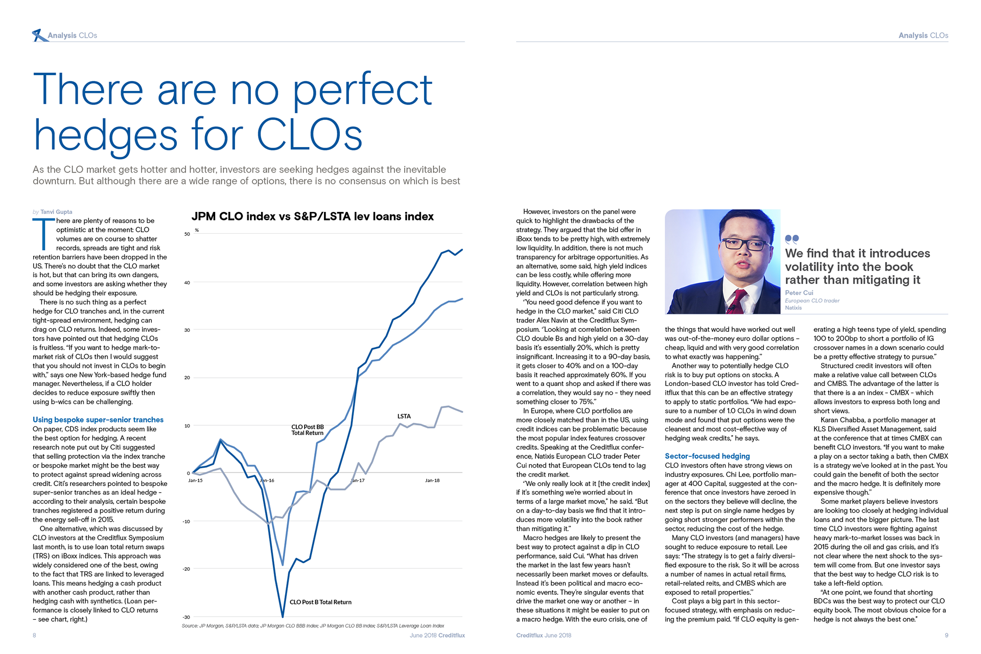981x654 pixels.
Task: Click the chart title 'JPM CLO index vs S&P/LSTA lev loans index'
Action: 312,216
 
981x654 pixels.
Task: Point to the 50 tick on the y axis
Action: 187,234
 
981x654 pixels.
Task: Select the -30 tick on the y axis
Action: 186,617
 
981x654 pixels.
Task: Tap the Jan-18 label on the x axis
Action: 432,480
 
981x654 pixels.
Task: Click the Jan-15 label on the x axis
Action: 195,480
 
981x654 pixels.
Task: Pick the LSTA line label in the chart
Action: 404,416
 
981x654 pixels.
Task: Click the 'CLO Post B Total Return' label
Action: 320,602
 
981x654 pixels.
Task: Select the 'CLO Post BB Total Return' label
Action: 308,430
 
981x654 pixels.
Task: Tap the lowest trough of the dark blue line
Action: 283,616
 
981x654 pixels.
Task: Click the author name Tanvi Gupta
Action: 56,212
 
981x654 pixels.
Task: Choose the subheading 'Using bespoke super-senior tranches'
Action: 98,420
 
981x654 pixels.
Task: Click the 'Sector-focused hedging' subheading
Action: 707,456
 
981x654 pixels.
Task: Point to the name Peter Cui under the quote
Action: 799,293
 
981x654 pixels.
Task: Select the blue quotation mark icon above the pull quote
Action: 791,239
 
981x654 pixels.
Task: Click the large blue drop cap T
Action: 43,234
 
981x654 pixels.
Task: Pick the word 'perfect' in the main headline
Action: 362,90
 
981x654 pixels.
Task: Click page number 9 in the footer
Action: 946,635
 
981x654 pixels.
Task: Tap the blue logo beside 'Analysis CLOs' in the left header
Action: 38,35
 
